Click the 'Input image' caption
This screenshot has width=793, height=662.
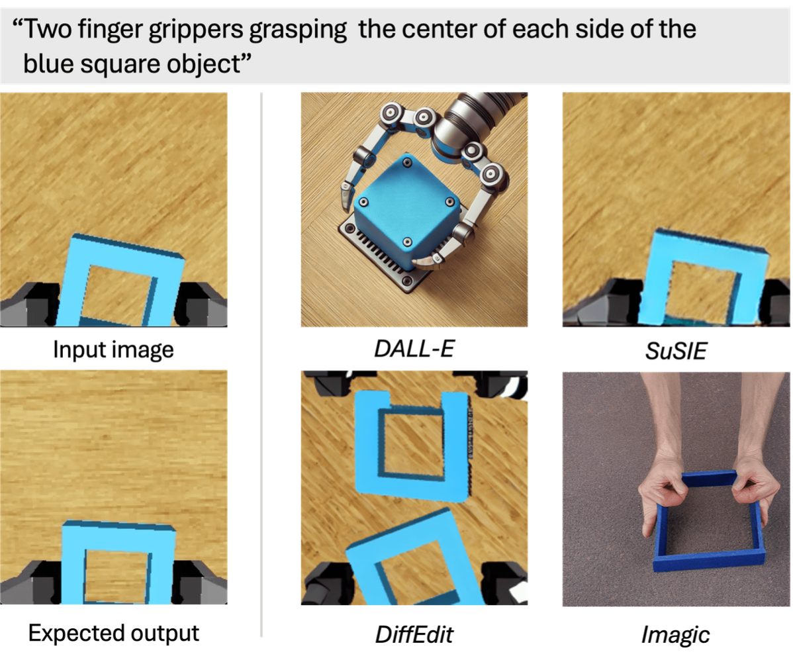pyautogui.click(x=113, y=350)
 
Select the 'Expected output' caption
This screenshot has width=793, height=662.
pyautogui.click(x=114, y=633)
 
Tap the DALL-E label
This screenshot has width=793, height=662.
pyautogui.click(x=414, y=348)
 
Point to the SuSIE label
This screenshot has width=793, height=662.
pyautogui.click(x=676, y=351)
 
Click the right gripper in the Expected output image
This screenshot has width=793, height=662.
pyautogui.click(x=200, y=582)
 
